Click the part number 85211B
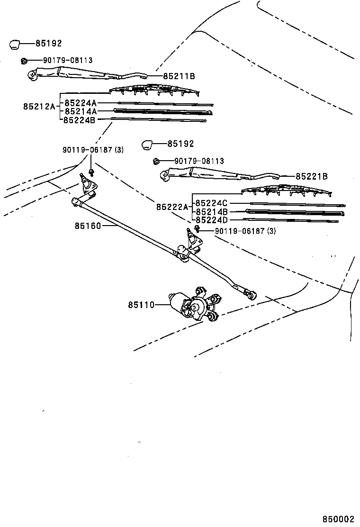click(x=179, y=76)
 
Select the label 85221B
click(x=311, y=176)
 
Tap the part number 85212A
click(x=39, y=107)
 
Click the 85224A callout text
click(x=81, y=103)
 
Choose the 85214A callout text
click(x=81, y=111)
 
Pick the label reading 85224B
click(x=81, y=120)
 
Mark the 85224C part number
click(x=212, y=203)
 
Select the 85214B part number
click(x=212, y=212)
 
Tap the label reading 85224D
click(x=212, y=220)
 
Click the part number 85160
click(x=88, y=226)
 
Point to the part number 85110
click(x=141, y=305)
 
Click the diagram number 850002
click(x=339, y=519)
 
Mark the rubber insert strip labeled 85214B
click(x=294, y=212)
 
